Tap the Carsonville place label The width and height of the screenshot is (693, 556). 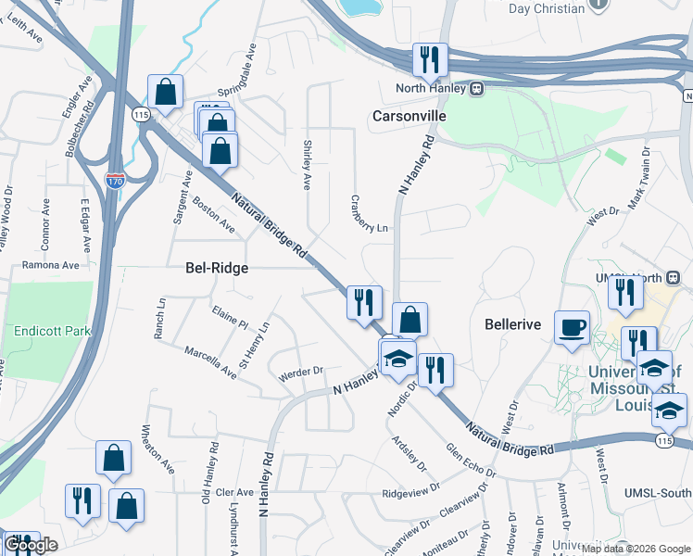409,117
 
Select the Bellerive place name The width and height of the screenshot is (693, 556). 512,325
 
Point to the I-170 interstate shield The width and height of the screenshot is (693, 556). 114,181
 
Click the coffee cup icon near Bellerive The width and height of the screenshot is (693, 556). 572,327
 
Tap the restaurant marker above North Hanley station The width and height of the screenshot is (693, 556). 430,60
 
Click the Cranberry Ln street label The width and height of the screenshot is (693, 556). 369,214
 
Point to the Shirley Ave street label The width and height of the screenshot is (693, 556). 307,165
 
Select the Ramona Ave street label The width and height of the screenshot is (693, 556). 51,265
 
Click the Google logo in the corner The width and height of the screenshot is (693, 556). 31,546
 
